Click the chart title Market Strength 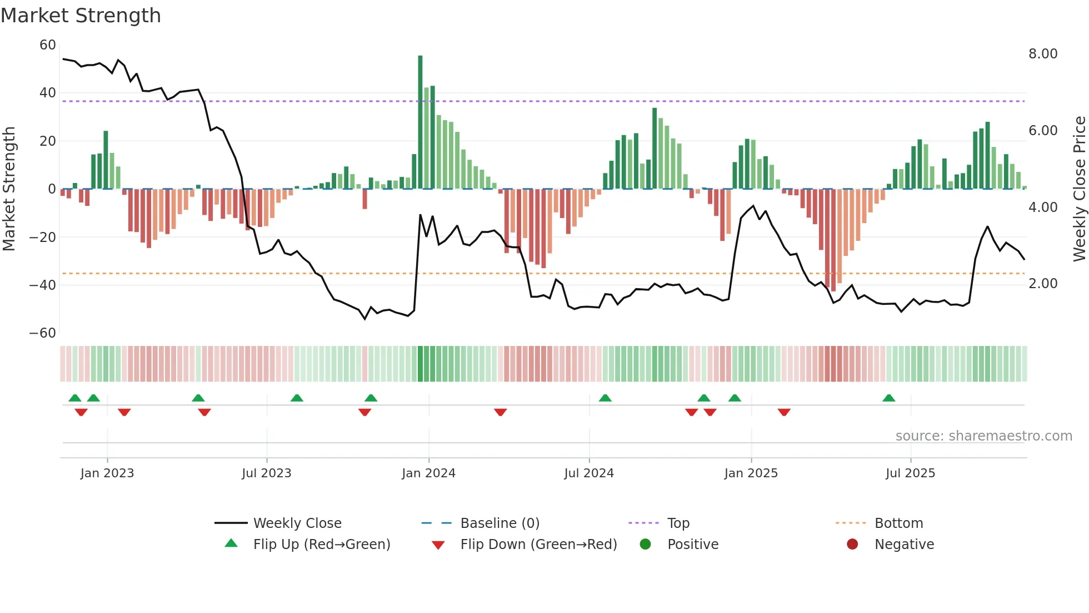(81, 16)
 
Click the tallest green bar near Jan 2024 (420, 122)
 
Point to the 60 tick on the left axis (48, 45)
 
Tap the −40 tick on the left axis (43, 285)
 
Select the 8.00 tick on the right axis (1042, 54)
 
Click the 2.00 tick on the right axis (1042, 284)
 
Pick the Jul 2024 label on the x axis (589, 473)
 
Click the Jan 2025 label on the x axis (751, 473)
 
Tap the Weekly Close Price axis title (1079, 189)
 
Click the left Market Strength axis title (9, 189)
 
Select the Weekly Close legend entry (297, 523)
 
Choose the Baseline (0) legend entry (499, 523)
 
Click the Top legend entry (678, 523)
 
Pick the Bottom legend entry (898, 523)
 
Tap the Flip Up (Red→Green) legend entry (321, 545)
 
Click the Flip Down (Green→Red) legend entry (538, 545)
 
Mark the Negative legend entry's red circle (852, 545)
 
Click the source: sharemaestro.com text (983, 436)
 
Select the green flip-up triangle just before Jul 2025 (888, 398)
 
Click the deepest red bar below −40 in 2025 (833, 240)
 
